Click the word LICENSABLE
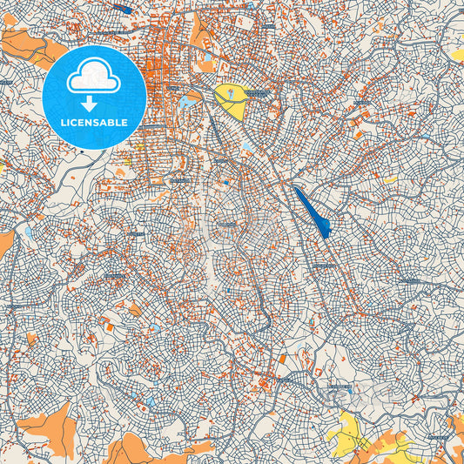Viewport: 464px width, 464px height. pyautogui.click(x=93, y=123)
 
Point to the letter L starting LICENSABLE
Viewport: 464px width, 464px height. pyautogui.click(x=62, y=123)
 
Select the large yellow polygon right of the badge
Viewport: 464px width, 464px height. pyautogui.click(x=231, y=101)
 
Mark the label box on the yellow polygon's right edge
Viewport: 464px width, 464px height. pyautogui.click(x=257, y=91)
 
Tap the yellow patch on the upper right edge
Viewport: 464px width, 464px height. pyautogui.click(x=457, y=54)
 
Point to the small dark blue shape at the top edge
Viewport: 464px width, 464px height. pyautogui.click(x=123, y=9)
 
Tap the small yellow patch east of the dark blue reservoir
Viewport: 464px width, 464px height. pyautogui.click(x=391, y=179)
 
